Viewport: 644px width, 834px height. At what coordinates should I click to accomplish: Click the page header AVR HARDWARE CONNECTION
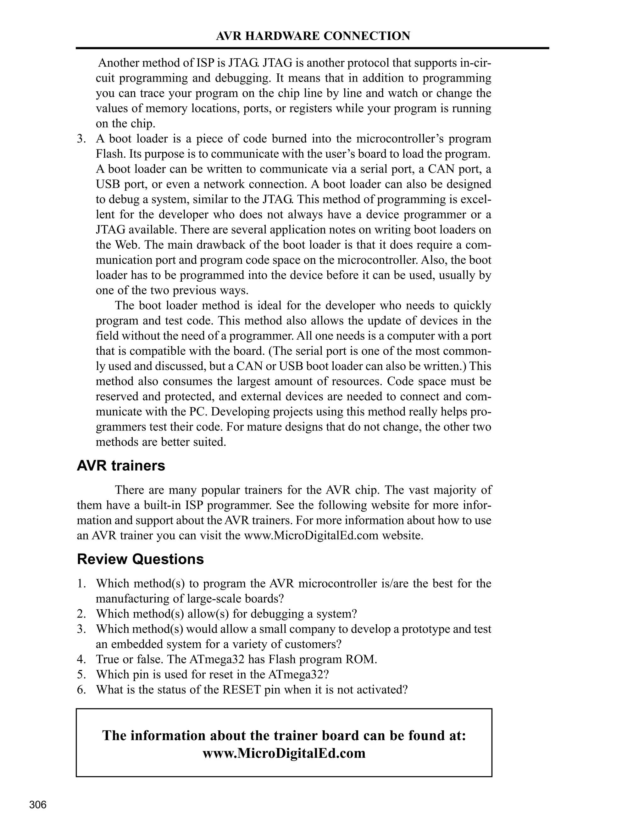(x=313, y=36)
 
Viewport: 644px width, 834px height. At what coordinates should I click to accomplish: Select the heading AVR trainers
(x=121, y=466)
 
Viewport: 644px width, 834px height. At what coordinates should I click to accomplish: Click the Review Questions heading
(x=140, y=559)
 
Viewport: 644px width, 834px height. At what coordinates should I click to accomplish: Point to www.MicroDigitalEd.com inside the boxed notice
(x=284, y=753)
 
